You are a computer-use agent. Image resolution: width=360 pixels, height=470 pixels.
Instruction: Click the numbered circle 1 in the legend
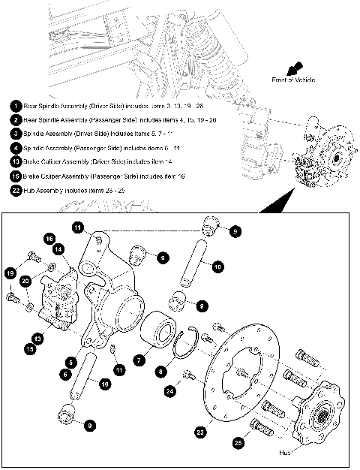(16, 106)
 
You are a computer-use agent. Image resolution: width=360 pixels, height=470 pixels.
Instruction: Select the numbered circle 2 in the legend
(16, 119)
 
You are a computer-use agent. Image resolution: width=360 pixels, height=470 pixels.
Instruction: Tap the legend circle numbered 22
(16, 190)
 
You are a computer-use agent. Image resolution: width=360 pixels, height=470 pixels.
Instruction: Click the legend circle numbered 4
(16, 148)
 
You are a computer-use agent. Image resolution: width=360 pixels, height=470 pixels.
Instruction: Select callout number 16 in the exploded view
(49, 238)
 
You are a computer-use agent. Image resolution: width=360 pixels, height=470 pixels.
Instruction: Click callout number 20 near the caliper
(25, 281)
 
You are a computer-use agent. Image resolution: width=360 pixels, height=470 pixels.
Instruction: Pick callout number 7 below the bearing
(138, 361)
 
